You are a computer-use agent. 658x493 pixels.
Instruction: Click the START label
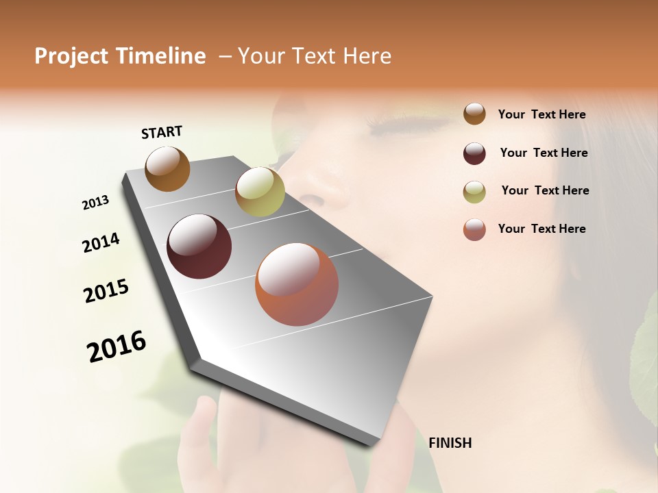[x=162, y=132]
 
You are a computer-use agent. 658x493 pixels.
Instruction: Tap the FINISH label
[x=450, y=443]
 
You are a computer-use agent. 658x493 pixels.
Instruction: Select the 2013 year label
[x=95, y=203]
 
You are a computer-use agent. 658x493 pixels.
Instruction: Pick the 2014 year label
[x=101, y=242]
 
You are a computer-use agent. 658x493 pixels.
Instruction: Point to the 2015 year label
[x=106, y=291]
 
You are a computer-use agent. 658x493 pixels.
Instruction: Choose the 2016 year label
[x=117, y=346]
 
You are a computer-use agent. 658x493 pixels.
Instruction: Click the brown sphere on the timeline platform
[x=167, y=168]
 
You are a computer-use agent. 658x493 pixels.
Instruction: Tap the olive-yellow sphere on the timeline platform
[x=260, y=192]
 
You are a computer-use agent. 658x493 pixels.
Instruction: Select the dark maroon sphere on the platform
[x=199, y=246]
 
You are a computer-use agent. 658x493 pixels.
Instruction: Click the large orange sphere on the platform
[x=297, y=284]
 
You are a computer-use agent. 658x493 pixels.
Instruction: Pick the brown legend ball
[x=474, y=114]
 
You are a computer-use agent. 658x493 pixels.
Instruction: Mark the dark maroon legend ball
[x=474, y=153]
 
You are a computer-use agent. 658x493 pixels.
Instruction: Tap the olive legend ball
[x=474, y=192]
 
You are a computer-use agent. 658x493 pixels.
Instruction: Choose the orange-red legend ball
[x=474, y=229]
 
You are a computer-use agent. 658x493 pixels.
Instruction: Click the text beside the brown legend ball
[x=541, y=114]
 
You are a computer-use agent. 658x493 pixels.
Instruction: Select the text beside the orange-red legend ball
[x=541, y=229]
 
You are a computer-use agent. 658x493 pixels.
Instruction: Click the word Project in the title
[x=71, y=56]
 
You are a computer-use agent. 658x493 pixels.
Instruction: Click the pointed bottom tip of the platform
[x=374, y=444]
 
